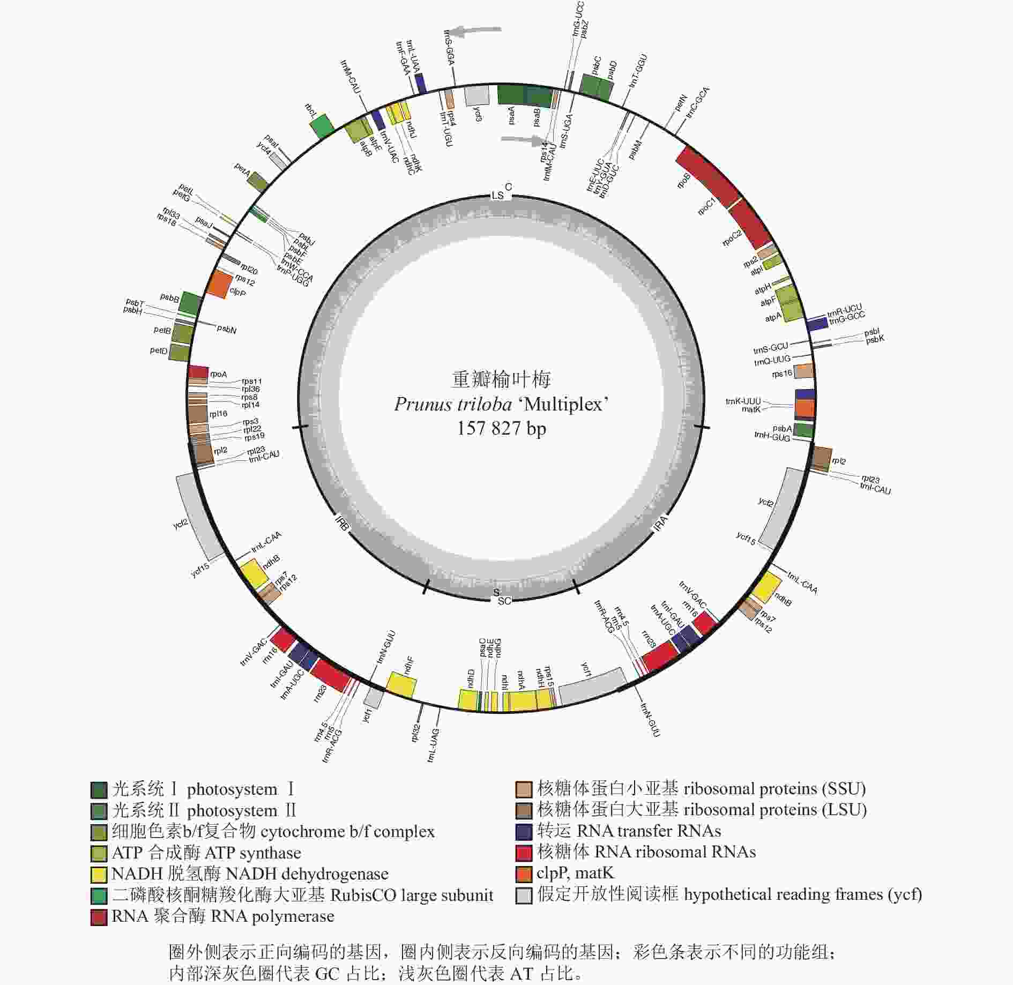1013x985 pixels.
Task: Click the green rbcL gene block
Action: coord(322,127)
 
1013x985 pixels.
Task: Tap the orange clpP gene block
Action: coord(217,284)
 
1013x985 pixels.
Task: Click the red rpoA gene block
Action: coord(198,371)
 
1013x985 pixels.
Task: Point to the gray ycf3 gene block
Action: coord(476,96)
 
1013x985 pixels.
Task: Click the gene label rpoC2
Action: coord(732,237)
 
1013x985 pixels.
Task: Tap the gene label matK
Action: coord(751,409)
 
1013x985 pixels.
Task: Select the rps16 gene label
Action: coord(781,374)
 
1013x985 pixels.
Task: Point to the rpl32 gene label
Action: coord(416,733)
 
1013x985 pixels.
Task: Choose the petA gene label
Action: coord(242,170)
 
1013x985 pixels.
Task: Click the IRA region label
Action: coord(661,523)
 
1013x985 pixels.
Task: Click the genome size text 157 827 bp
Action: coord(501,429)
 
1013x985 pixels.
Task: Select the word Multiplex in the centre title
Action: coord(563,404)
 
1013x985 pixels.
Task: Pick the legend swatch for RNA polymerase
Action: coord(99,917)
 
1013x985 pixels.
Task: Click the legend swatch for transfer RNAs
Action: coord(524,831)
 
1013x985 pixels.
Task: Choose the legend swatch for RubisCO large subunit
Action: coord(99,896)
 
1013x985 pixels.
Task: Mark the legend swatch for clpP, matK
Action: coord(524,874)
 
